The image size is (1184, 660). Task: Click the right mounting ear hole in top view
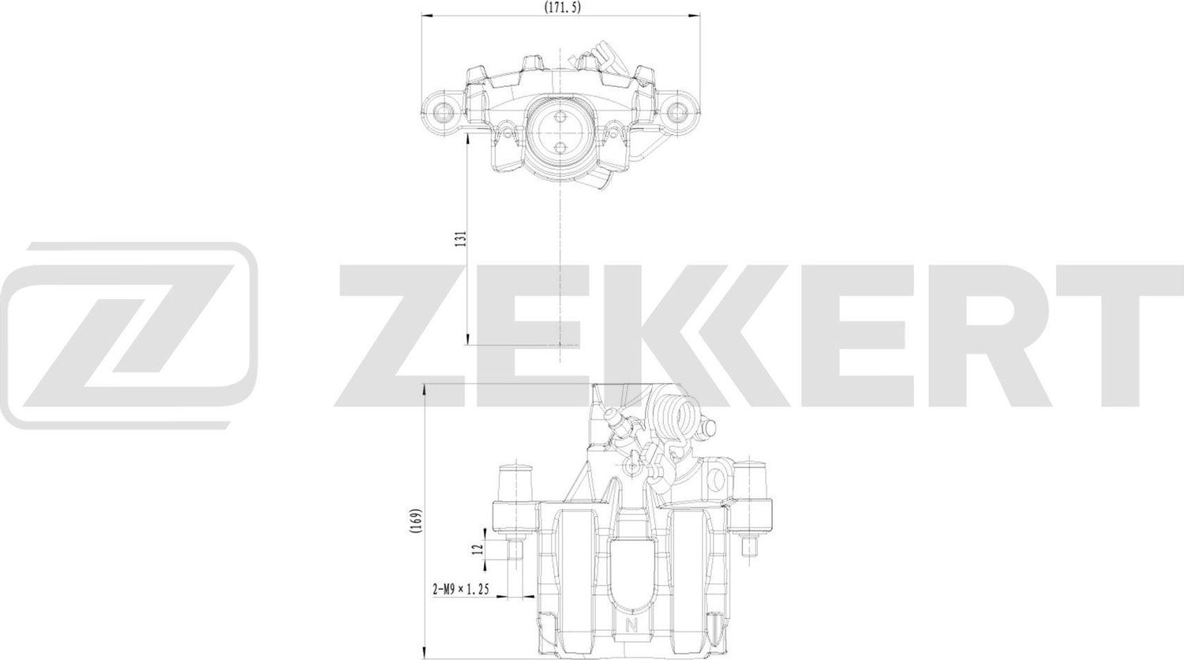point(676,111)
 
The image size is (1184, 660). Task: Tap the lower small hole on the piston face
point(560,148)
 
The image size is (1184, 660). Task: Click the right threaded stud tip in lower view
point(751,546)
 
